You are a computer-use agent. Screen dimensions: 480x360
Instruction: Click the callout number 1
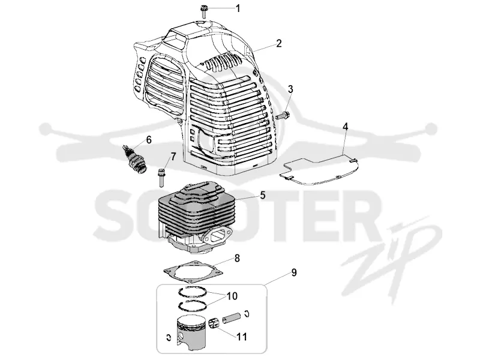[238, 8]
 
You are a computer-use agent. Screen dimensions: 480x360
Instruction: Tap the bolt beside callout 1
[203, 11]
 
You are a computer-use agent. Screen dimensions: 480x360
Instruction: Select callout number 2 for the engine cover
[278, 43]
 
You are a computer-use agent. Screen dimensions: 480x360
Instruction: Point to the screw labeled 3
[283, 116]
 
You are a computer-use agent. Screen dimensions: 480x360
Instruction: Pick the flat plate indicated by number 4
[320, 172]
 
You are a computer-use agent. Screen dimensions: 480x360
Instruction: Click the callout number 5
[262, 195]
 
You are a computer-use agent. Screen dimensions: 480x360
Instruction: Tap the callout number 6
[149, 140]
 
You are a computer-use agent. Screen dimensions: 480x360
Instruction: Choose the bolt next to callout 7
[161, 177]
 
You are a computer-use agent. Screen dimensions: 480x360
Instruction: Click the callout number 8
[237, 259]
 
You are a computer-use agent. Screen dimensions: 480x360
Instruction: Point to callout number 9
[294, 272]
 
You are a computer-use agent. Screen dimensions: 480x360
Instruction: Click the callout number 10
[232, 296]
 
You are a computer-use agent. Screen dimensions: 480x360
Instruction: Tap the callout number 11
[242, 337]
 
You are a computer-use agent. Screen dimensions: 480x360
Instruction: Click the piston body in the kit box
[191, 334]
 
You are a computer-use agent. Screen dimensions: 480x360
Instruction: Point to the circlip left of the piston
[168, 337]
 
